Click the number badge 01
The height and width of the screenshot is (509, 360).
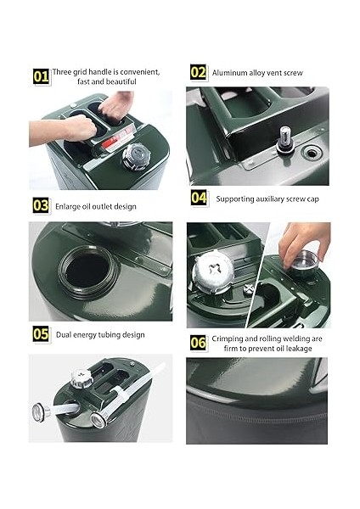42,77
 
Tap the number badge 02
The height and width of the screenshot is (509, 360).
198,72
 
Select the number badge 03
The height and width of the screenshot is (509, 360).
41,206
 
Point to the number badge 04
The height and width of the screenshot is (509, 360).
199,198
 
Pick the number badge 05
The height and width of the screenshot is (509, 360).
41,334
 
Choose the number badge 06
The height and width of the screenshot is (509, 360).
198,343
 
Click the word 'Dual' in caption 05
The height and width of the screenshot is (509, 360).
64,335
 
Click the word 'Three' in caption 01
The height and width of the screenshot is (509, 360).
62,72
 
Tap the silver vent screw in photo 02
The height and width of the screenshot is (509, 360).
285,140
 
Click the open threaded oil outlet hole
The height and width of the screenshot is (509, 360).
87,271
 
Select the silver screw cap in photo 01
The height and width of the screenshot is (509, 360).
136,156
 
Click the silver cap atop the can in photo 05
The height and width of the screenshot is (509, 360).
82,378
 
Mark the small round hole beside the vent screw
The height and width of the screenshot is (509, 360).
312,153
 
